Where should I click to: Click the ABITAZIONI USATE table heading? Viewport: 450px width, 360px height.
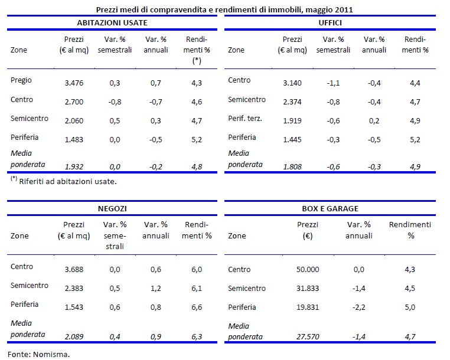coord(112,22)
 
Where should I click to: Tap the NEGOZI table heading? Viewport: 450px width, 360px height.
coord(112,208)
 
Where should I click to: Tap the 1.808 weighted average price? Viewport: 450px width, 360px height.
coord(293,167)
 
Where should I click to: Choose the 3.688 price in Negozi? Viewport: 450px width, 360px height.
coord(74,267)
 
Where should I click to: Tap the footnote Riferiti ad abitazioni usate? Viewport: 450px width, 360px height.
coord(68,181)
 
